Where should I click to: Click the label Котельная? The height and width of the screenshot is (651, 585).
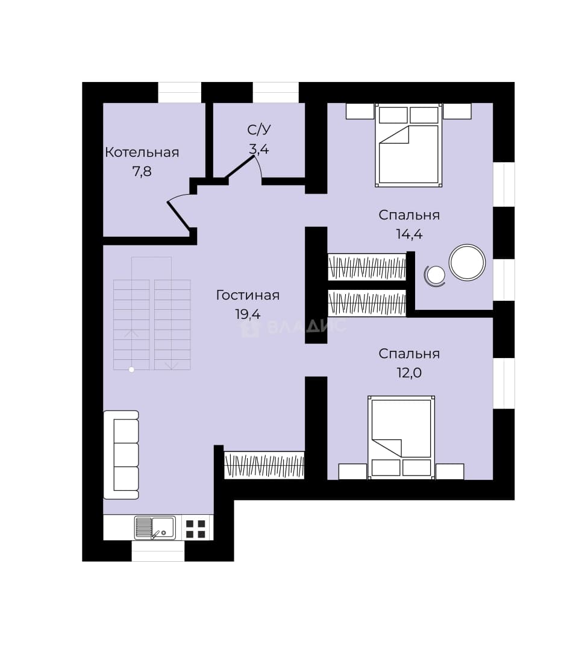coord(142,153)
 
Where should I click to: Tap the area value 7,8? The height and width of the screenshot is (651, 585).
coord(142,171)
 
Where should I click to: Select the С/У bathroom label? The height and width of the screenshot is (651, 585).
coord(259,130)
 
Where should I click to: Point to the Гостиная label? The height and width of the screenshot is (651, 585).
coord(248,295)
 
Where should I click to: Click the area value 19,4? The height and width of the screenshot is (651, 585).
coord(248,314)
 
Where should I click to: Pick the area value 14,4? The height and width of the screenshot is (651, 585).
coord(409,234)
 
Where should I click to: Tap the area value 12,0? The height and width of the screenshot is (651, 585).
coord(409,373)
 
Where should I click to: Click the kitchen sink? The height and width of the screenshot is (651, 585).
coord(155,527)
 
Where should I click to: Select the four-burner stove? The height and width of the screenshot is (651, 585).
coord(195,529)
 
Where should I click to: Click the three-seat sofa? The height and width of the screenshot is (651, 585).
coord(120,454)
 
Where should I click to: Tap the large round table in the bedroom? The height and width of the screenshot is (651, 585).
coord(467,262)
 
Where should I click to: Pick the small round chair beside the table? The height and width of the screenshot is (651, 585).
coord(435,275)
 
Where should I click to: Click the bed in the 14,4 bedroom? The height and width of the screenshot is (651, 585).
coord(408,145)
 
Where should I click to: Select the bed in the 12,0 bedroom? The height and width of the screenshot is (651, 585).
coord(401,438)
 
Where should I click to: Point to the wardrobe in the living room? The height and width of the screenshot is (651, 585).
coord(264,465)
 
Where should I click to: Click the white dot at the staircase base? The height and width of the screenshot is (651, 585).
coord(131,370)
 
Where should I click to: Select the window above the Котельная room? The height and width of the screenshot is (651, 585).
coord(180,92)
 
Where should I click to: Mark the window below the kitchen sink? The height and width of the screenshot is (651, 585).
coord(158,551)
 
